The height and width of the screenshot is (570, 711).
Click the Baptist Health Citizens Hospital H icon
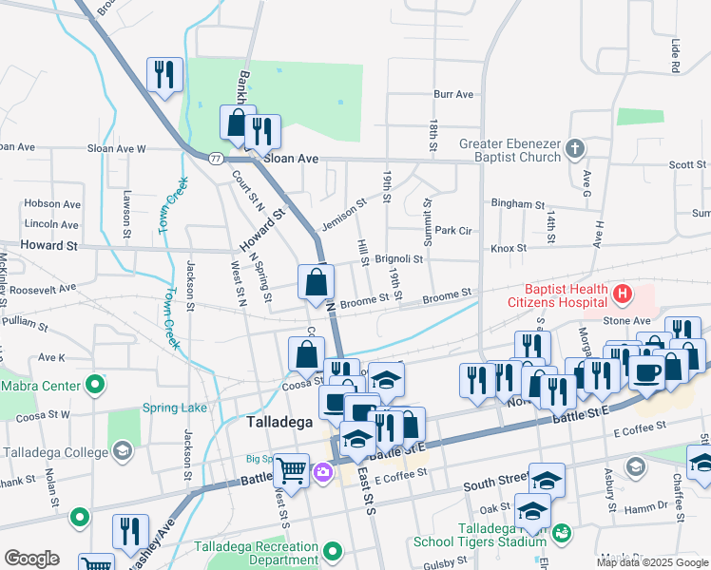point(622,294)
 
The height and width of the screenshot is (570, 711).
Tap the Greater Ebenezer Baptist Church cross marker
point(574,148)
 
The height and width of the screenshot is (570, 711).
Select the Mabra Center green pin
point(94,386)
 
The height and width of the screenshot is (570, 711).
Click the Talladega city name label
point(280,422)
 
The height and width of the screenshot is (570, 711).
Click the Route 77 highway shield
point(217,158)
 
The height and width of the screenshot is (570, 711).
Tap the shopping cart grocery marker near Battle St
point(292,467)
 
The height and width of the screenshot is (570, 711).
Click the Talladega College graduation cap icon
point(122,450)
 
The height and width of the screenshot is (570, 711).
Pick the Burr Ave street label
point(453,94)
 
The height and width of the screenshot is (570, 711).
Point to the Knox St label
point(509,248)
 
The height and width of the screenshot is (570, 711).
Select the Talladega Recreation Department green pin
point(332,551)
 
